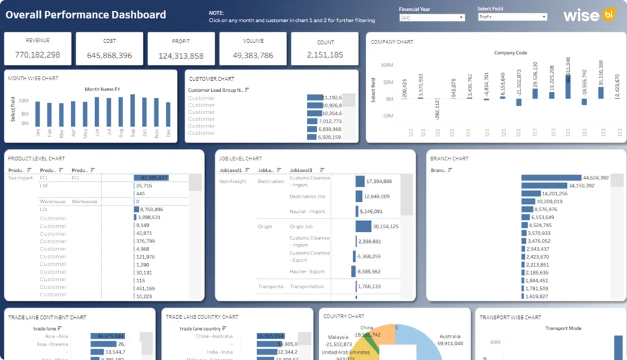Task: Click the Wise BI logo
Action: (588, 15)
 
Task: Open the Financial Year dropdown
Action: (432, 17)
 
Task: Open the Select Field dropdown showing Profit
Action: (512, 17)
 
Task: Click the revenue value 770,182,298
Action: (37, 55)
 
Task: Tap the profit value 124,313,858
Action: (181, 56)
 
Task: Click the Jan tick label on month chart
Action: (37, 132)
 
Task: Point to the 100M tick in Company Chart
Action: (386, 64)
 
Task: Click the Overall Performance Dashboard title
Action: (86, 15)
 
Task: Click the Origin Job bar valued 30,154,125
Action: (363, 227)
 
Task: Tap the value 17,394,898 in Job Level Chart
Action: (378, 182)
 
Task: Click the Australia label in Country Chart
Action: (450, 336)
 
